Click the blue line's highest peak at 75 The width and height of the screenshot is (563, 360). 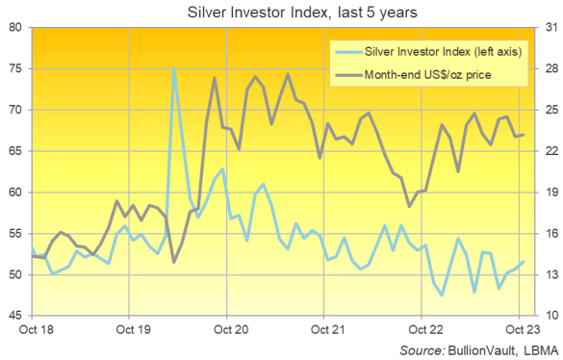pos(173,68)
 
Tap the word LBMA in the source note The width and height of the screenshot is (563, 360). pos(527,348)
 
